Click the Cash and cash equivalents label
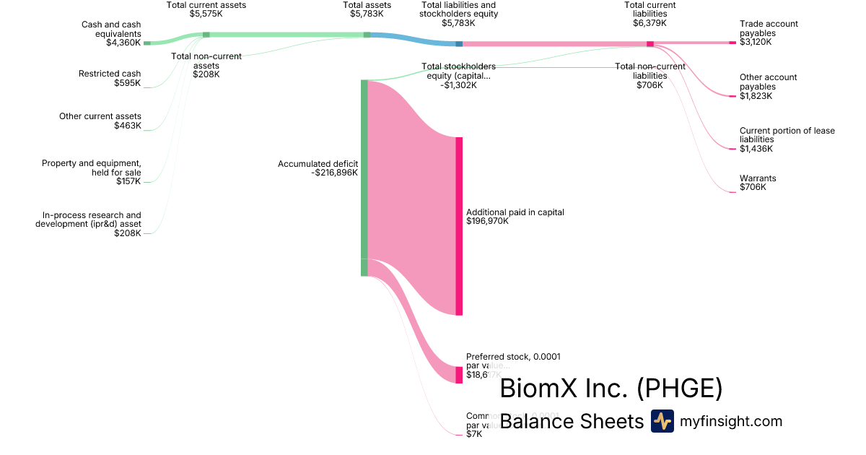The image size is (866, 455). coord(111,29)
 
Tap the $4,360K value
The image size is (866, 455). coord(123,43)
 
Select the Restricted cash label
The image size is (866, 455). coord(110,74)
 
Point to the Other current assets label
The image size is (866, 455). coord(100,116)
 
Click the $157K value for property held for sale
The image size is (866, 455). coord(128,181)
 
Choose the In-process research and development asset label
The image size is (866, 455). coord(89,220)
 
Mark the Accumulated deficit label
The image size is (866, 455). coord(318,164)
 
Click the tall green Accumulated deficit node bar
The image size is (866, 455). coord(364,177)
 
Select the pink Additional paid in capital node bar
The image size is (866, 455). coord(458,225)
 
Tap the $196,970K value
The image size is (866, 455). coord(488,222)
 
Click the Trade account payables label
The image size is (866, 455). coord(769,28)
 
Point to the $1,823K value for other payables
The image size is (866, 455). coord(756,96)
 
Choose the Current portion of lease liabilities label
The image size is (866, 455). coord(787,135)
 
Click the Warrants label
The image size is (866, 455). coord(758,178)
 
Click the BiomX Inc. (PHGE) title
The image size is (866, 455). coord(611,389)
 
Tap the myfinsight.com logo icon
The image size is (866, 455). coord(662,421)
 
